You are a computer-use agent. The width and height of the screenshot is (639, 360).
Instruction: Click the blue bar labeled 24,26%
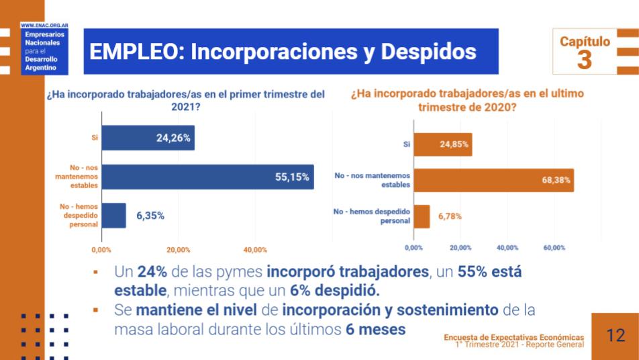coord(148,138)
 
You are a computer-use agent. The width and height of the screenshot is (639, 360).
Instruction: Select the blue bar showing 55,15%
coord(207,177)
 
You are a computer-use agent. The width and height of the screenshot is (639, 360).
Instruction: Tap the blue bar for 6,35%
coord(113,216)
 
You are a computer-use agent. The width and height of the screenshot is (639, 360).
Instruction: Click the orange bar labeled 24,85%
coord(443,144)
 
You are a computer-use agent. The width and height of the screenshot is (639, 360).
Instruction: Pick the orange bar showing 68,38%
coord(493,180)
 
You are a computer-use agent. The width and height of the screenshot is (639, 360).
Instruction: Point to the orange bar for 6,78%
coord(422,216)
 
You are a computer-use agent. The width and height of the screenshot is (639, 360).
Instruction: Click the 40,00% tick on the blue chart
coord(256,250)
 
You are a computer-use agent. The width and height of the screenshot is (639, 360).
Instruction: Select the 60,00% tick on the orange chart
coord(554,248)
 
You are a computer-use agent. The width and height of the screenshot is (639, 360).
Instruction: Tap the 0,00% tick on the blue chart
coord(101,250)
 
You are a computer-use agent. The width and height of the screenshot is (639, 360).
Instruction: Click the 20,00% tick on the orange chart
coord(460,248)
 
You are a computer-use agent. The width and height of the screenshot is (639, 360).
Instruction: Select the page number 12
coord(615,335)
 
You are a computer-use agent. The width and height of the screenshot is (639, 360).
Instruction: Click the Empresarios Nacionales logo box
coord(42,52)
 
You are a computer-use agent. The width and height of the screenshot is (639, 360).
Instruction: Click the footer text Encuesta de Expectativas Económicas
coord(513,336)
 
